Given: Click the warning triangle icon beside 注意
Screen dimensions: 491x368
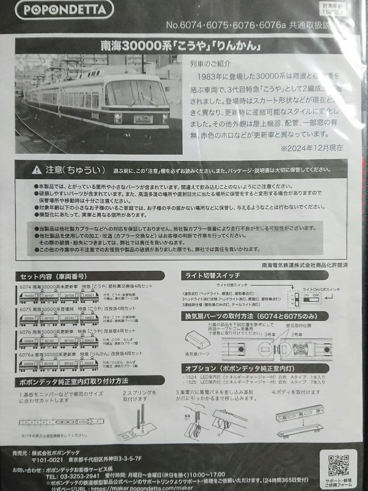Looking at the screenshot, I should (x=36, y=170).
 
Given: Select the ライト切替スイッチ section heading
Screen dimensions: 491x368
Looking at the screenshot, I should (x=213, y=275).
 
